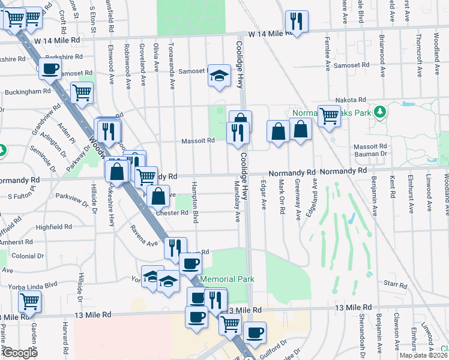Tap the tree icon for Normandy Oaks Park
(379, 112)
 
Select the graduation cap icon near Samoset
(220, 76)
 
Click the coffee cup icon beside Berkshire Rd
(50, 68)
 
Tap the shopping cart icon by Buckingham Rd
(82, 92)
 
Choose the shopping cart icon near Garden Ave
(29, 301)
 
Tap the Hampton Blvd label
(195, 203)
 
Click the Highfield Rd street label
(53, 227)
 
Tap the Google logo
(20, 353)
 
